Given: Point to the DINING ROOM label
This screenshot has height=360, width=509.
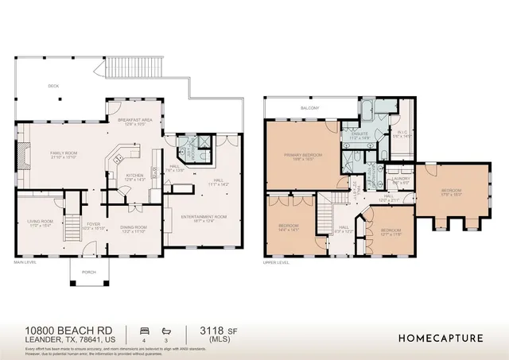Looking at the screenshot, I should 133,228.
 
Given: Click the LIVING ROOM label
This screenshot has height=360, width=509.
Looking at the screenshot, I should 41,222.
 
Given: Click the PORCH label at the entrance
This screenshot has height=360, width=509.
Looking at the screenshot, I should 88,271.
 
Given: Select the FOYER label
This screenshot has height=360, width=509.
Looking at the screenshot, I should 93,225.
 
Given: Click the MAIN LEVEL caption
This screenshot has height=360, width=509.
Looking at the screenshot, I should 27,261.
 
